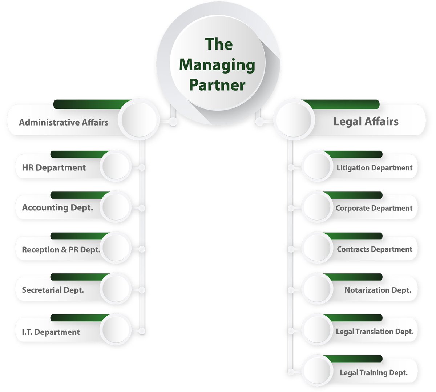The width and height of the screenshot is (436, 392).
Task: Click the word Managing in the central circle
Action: (217, 65)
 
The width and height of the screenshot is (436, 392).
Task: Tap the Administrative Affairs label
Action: (64, 122)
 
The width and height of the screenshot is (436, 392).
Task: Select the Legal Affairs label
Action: (366, 122)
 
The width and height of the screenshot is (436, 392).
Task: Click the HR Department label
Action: (54, 168)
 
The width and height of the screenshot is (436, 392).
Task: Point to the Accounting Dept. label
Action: (57, 207)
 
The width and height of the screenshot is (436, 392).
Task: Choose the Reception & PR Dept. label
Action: (61, 250)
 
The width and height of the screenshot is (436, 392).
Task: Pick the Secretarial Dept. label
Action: (53, 290)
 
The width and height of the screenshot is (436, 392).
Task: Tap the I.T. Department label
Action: (51, 332)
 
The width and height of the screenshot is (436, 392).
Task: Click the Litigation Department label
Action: (374, 168)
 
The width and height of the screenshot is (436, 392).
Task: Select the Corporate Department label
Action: (374, 208)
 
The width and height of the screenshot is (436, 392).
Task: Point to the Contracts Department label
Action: (374, 249)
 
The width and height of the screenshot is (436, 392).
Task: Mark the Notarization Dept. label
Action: (378, 290)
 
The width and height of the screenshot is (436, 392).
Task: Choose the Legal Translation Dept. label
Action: (375, 332)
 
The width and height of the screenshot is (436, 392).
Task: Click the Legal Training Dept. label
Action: (374, 373)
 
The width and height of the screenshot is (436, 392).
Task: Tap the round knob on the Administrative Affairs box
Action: (139, 120)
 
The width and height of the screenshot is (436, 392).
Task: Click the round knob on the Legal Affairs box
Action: (294, 120)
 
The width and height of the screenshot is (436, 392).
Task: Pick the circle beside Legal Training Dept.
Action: (317, 371)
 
